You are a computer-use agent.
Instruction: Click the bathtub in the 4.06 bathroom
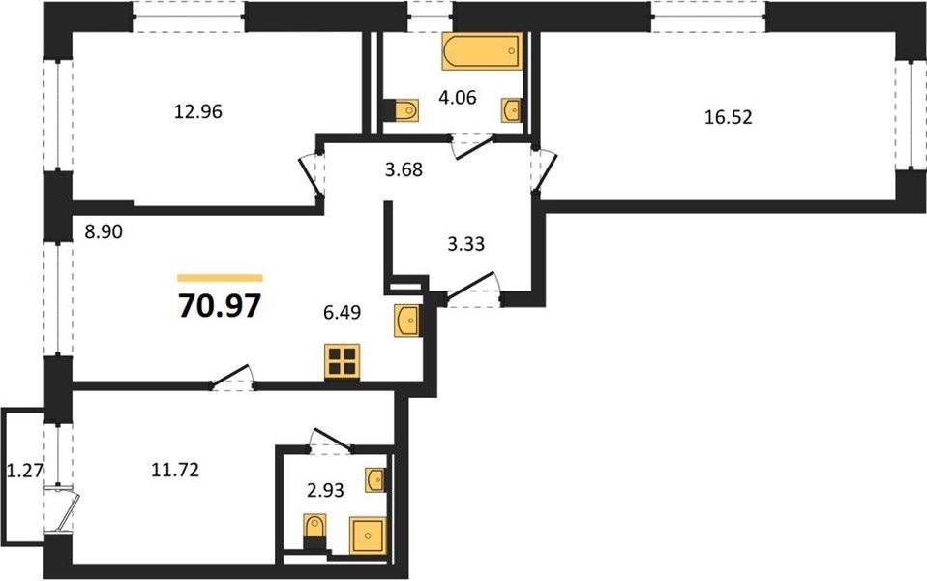coord(482,51)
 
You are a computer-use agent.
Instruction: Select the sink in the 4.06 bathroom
coord(512,110)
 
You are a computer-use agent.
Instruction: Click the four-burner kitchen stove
coord(343,361)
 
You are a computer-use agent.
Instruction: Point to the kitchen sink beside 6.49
coord(407,321)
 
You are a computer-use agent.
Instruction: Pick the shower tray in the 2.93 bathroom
coord(368,535)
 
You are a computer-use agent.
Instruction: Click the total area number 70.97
coord(220,306)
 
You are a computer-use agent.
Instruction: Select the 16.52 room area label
coord(729,117)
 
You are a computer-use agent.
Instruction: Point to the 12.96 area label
coord(198,111)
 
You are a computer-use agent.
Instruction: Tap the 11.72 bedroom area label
coord(175,471)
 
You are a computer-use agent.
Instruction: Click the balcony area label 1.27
coord(24,471)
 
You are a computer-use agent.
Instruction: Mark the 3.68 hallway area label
coord(404,169)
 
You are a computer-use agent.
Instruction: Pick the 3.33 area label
coord(465,243)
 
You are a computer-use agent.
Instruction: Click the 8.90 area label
coord(104,232)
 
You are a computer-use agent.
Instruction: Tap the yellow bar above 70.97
coord(220,278)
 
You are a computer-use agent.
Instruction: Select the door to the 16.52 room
coord(543,169)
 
